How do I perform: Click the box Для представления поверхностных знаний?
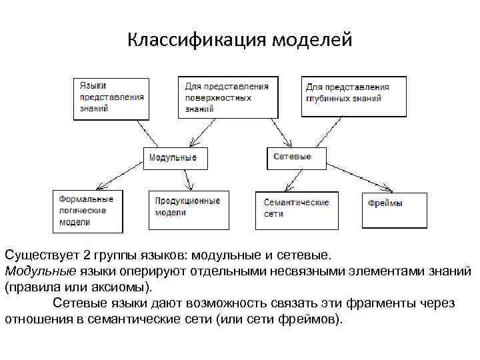pyautogui.click(x=227, y=97)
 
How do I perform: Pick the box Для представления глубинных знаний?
pyautogui.click(x=354, y=97)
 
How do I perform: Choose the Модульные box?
pyautogui.click(x=175, y=158)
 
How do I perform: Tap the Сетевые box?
pyautogui.click(x=297, y=157)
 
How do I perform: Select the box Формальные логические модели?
pyautogui.click(x=87, y=211)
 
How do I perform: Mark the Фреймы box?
pyautogui.click(x=395, y=209)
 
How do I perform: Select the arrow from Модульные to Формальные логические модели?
pyautogui.click(x=121, y=177)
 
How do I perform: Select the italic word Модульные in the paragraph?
pyautogui.click(x=41, y=271)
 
